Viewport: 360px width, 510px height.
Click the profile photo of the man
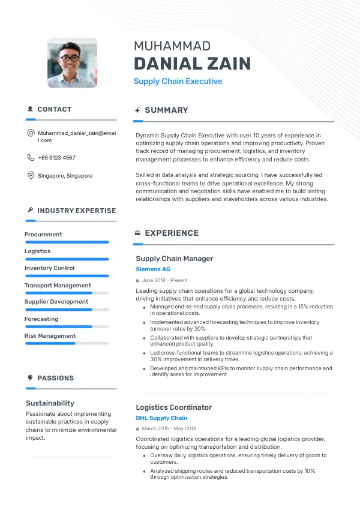[72, 63]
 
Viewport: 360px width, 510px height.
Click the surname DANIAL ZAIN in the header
[192, 64]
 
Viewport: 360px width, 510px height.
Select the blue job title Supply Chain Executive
[178, 81]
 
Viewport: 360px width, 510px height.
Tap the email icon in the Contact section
[31, 133]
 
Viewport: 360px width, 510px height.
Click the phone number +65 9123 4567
[56, 158]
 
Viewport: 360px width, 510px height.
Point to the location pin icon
[31, 176]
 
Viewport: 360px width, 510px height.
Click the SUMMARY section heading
[166, 110]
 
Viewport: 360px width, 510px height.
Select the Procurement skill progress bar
[67, 242]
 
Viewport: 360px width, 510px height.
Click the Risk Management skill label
[50, 336]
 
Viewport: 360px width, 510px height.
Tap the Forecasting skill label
[41, 319]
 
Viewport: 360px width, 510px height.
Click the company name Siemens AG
[153, 269]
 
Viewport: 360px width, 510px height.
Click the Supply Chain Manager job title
[174, 259]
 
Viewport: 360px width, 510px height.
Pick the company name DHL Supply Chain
[161, 418]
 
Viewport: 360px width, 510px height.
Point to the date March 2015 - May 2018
[169, 429]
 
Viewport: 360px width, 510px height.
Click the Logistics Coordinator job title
[173, 407]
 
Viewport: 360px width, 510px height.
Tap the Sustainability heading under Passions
[50, 403]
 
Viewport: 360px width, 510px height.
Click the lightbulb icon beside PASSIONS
[31, 377]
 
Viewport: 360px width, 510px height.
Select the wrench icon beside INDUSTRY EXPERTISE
[31, 210]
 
